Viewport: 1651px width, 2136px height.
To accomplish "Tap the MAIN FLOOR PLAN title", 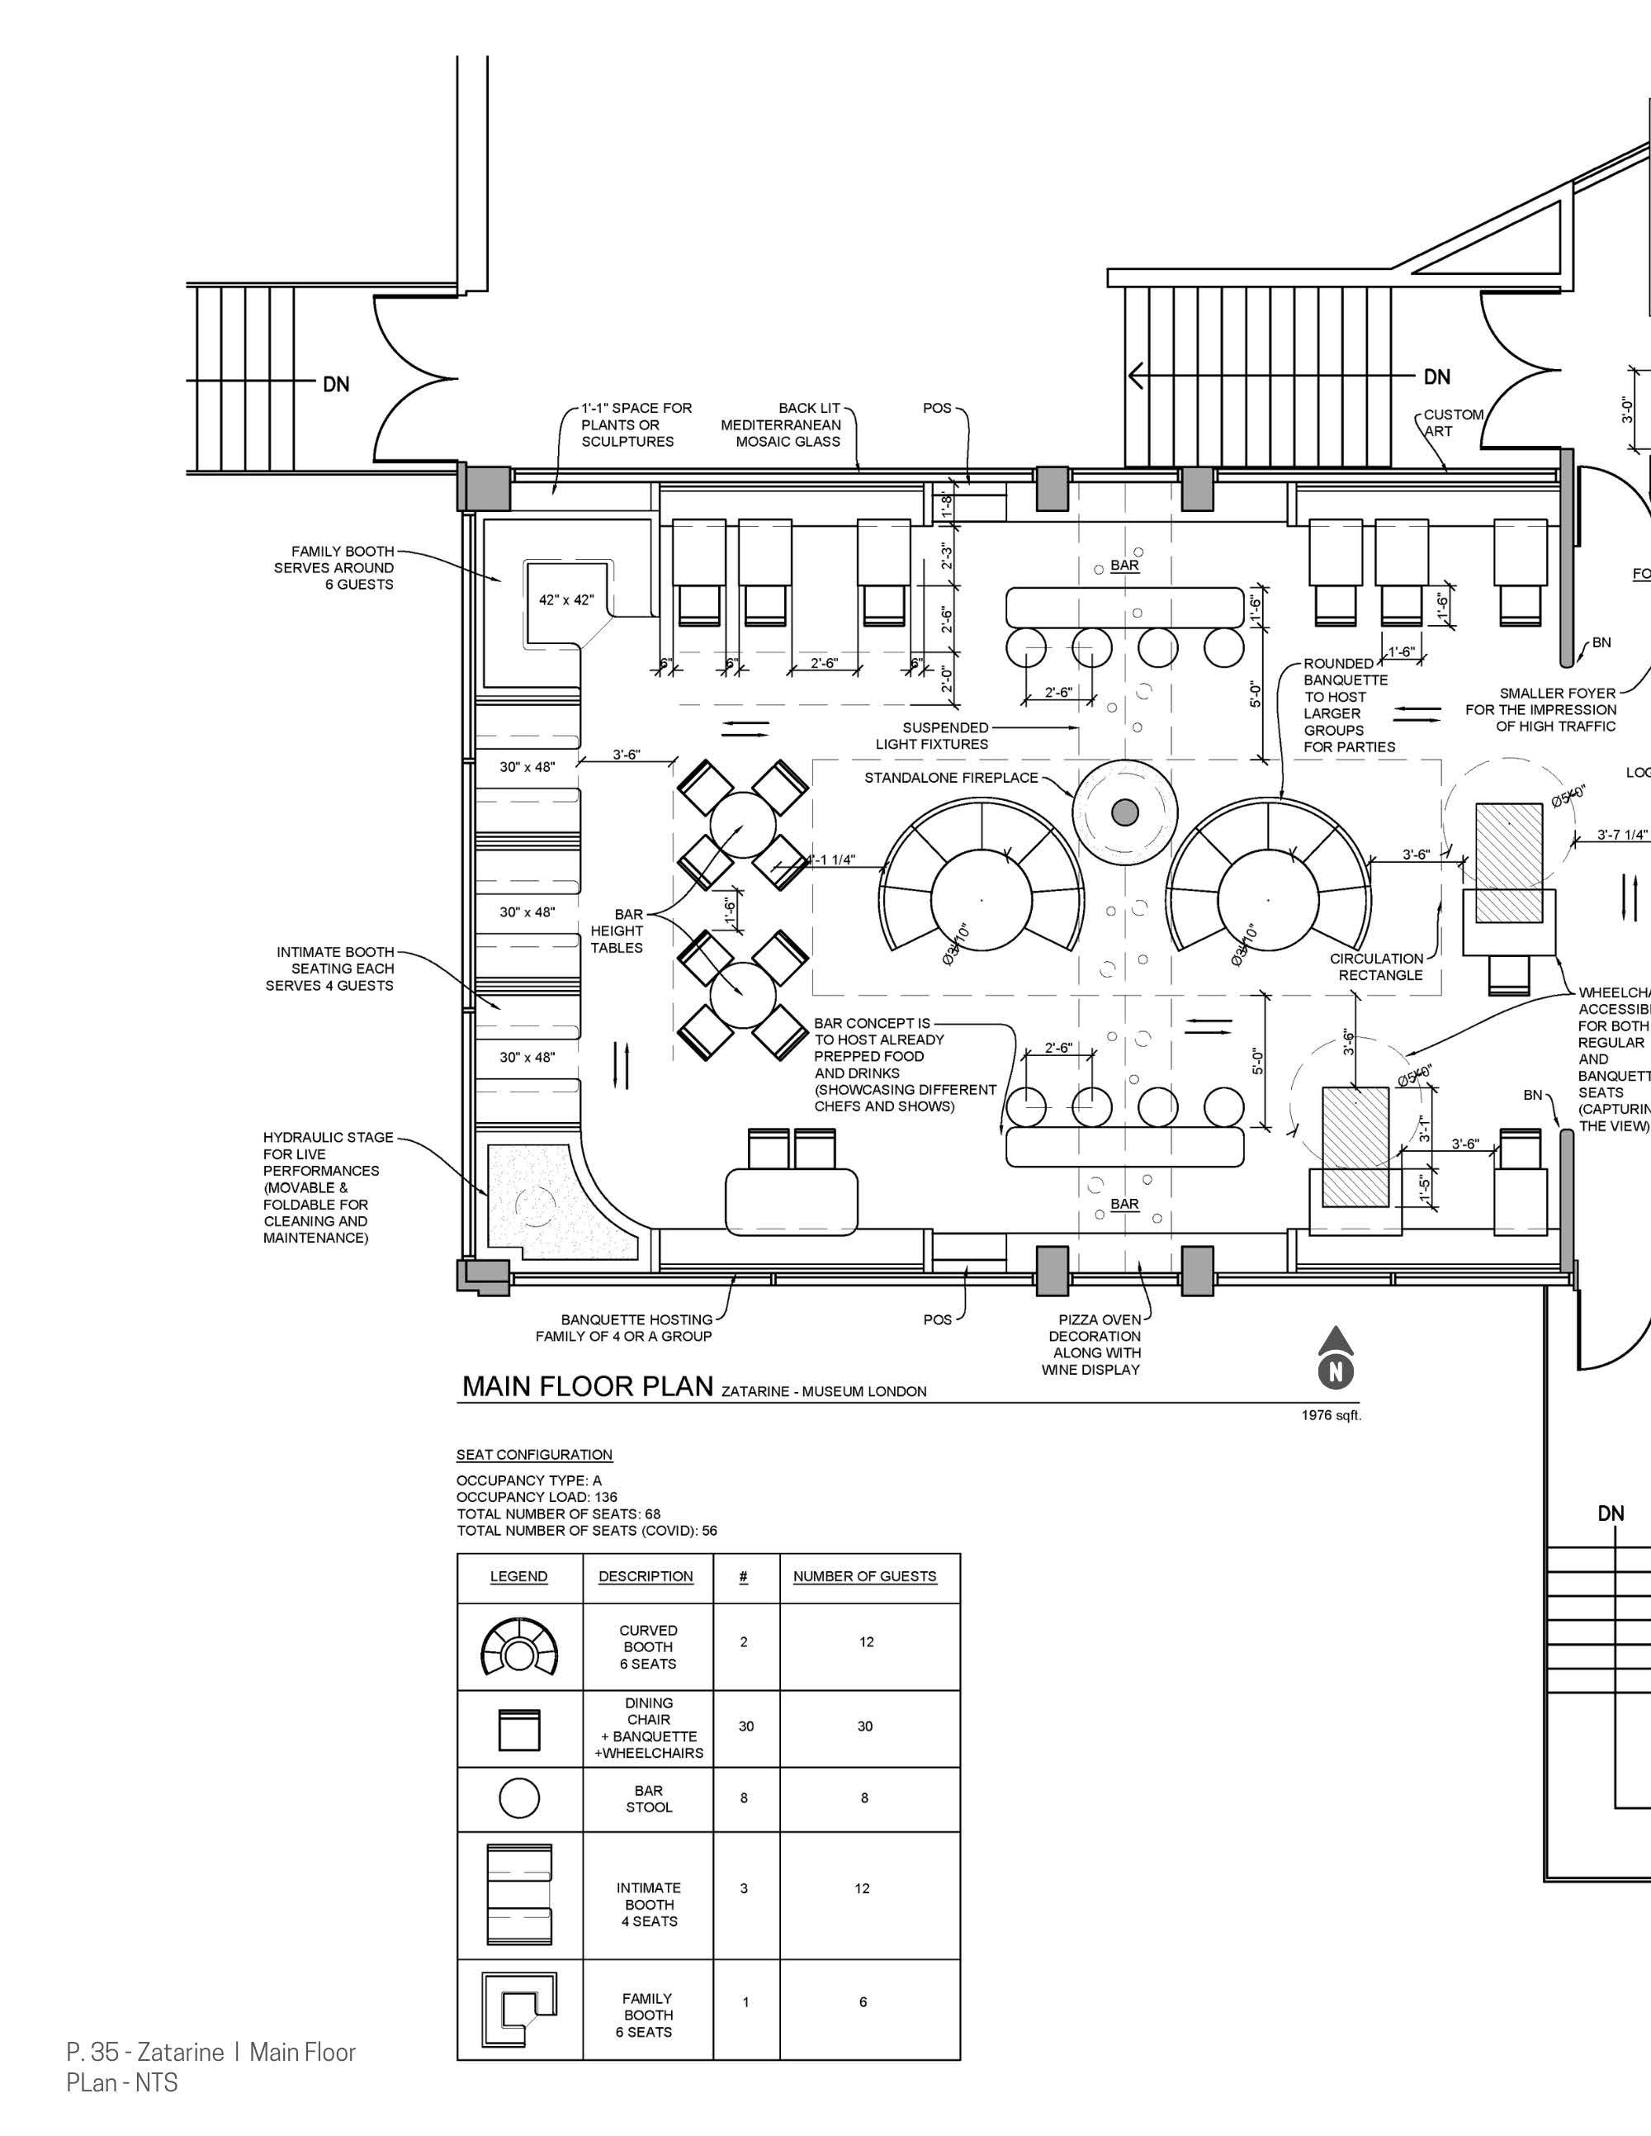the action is coord(587,1387).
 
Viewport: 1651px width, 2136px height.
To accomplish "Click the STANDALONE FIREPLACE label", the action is coord(951,778).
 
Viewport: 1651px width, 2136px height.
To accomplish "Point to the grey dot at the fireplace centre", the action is coord(1125,812).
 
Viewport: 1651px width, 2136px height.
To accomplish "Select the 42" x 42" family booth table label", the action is coord(565,599).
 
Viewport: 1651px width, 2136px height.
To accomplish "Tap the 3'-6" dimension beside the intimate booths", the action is coord(626,755).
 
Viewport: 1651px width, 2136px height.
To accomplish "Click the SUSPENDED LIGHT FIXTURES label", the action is coord(931,736).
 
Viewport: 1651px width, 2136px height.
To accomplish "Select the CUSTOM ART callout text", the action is coord(1452,423).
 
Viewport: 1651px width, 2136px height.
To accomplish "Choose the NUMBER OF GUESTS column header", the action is coord(864,1575).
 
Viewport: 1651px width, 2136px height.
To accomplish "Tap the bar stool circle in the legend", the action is coord(519,1797).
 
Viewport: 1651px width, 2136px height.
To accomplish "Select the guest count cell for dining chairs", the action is coord(864,1726).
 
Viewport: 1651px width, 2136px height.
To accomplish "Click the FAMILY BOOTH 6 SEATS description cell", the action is coord(647,2015).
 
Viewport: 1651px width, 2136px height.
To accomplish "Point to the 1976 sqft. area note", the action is coord(1332,1414).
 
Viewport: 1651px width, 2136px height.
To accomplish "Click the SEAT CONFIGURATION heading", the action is coord(534,1454).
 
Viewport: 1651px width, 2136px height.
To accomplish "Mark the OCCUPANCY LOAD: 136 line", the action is coord(537,1496).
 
